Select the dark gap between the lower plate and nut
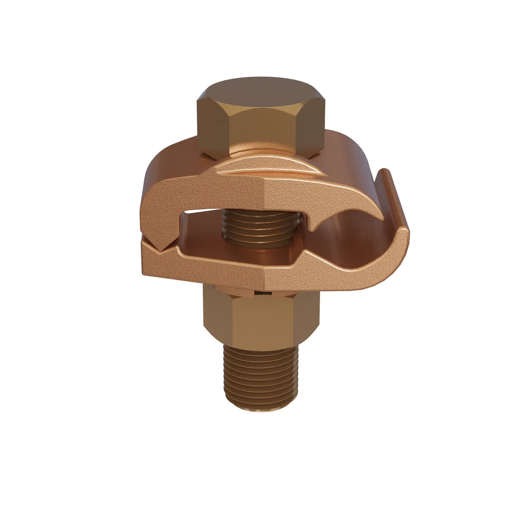pos(259,292)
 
